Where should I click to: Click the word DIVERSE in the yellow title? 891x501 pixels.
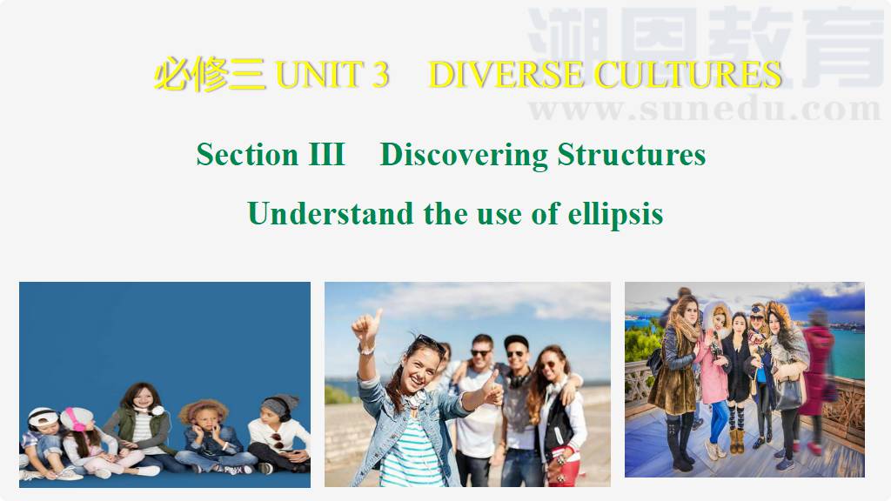(506, 75)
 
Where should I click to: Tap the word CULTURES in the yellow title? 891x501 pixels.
(687, 75)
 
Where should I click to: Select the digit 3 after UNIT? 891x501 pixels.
(381, 75)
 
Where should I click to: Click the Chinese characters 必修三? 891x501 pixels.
(210, 75)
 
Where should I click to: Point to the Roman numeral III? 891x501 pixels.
(327, 154)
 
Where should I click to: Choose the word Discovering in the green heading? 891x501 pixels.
(464, 155)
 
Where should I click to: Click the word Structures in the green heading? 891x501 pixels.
(632, 154)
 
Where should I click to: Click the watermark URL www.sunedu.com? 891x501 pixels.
(705, 109)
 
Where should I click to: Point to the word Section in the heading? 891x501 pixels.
(247, 154)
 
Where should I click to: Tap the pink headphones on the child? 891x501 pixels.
(75, 418)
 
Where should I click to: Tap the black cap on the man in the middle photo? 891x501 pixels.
(516, 342)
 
